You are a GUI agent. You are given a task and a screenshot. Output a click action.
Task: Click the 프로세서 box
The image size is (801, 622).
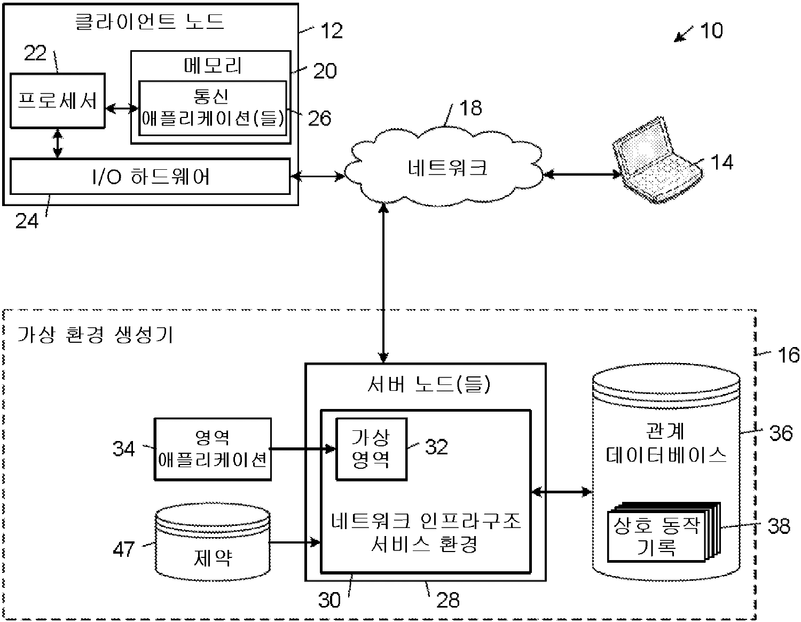[x=58, y=101]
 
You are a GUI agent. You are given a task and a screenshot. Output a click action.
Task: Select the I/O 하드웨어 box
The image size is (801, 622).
[x=150, y=176]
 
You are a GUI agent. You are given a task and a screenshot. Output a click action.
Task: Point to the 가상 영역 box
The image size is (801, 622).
[x=371, y=448]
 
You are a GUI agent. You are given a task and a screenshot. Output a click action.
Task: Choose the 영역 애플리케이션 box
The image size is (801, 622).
[x=213, y=449]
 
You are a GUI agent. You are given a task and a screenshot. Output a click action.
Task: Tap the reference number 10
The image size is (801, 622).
[x=711, y=30]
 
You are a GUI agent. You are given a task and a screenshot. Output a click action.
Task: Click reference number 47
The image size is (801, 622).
[x=123, y=549]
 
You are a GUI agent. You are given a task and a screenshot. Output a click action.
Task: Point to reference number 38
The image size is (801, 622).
[x=779, y=526]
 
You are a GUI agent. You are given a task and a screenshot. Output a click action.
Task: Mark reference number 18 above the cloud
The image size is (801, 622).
[x=470, y=108]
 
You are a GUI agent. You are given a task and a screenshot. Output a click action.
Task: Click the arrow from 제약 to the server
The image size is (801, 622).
[x=294, y=543]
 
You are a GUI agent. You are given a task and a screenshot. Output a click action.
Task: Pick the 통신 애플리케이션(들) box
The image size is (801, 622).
[x=213, y=108]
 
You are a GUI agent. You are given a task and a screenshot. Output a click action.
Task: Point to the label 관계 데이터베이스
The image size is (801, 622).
[x=665, y=443]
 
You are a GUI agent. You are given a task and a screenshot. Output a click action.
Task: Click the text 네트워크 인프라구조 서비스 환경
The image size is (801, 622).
[x=425, y=532]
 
